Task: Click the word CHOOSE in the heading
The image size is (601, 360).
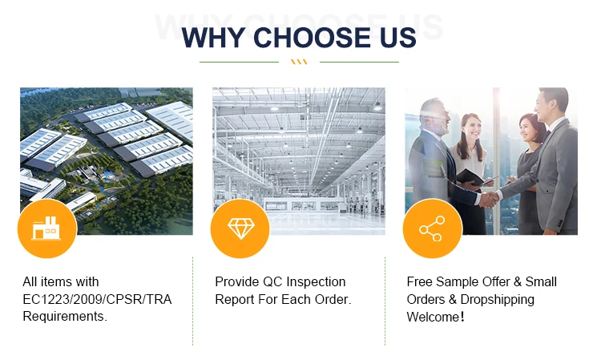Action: pos(312,38)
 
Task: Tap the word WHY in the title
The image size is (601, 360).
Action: pos(213,38)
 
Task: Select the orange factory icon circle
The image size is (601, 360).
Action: pos(47,229)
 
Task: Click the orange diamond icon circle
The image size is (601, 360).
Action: pos(240,229)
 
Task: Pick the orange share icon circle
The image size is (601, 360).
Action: pos(433,229)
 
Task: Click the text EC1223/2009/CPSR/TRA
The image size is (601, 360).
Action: pos(97,299)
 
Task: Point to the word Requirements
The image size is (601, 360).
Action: pos(65,316)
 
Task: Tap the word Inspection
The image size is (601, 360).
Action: pos(316,282)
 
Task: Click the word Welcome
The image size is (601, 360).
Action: pos(433,317)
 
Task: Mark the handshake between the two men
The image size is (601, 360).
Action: pos(489,199)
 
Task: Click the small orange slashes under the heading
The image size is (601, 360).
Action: pos(299,62)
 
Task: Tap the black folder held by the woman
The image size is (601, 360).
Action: pos(470,176)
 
